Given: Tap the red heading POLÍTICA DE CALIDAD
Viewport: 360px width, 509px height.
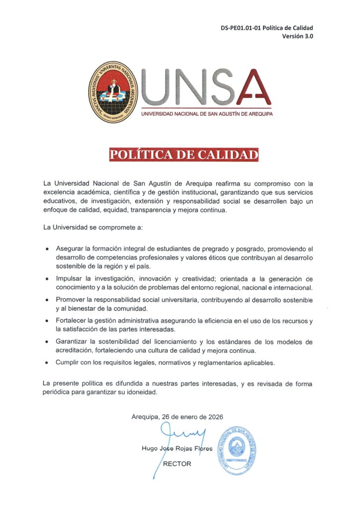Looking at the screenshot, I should (184, 154).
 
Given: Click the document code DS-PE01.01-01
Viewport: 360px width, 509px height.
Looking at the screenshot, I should (241, 28).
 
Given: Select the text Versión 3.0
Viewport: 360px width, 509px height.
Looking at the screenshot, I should (298, 36).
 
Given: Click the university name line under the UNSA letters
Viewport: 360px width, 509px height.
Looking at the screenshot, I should (207, 114).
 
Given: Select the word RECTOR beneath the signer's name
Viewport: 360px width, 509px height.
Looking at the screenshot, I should (177, 464).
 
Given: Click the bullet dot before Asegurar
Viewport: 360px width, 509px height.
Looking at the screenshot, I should (47, 249).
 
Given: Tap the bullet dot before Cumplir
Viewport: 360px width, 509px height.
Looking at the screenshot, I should (47, 363).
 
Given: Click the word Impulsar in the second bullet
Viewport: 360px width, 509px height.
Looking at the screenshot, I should (69, 279).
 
